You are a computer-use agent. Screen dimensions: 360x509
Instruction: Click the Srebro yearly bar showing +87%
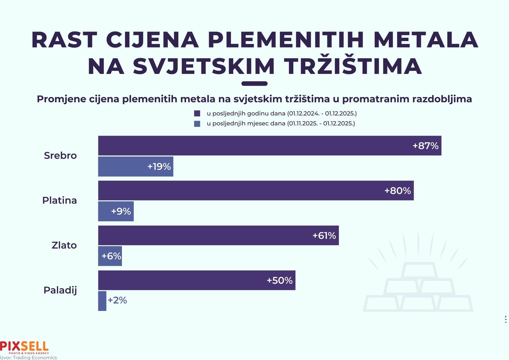click(x=269, y=146)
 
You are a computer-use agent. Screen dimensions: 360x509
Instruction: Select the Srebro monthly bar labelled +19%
click(x=136, y=166)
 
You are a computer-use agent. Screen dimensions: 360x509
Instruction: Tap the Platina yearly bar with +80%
click(x=256, y=191)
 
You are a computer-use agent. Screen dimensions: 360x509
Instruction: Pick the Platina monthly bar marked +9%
click(x=116, y=211)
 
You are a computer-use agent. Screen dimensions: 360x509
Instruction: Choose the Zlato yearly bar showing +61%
click(x=218, y=236)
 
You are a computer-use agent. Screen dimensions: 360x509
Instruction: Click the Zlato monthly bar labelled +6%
click(x=110, y=256)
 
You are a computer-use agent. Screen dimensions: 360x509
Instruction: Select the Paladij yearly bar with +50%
click(x=197, y=280)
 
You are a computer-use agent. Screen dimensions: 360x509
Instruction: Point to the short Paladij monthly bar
click(x=102, y=301)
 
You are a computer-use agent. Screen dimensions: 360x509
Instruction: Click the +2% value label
click(x=117, y=300)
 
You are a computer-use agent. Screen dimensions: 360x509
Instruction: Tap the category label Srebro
click(x=60, y=156)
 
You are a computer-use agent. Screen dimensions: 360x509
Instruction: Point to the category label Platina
click(x=59, y=201)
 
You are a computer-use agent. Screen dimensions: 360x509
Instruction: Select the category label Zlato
click(x=64, y=245)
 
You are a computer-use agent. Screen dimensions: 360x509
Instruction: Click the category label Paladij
click(x=60, y=290)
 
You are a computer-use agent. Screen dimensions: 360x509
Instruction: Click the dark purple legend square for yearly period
click(x=197, y=114)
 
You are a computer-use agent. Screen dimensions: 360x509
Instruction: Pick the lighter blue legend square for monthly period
click(x=197, y=124)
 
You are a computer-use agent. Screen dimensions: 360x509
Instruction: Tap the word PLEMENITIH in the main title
click(x=286, y=40)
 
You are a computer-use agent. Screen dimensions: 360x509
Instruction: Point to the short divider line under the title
click(x=254, y=84)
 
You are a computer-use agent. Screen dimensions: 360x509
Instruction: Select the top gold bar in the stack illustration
click(x=418, y=271)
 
